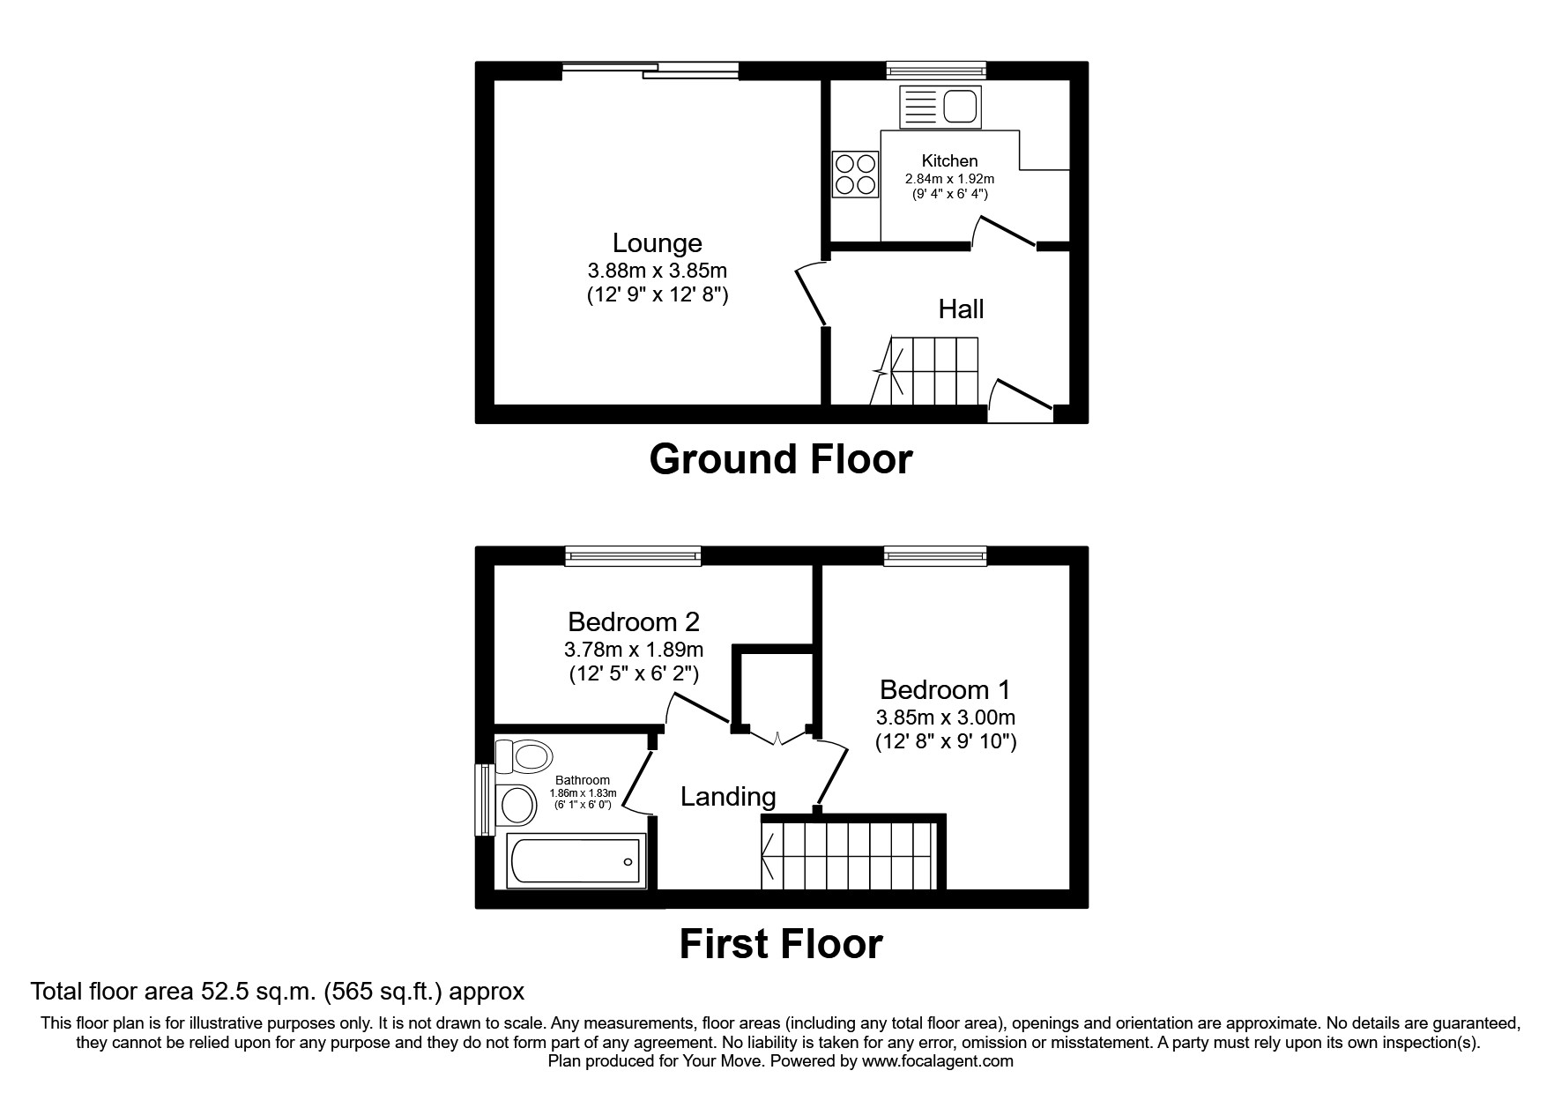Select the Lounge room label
(658, 243)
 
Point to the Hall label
(961, 309)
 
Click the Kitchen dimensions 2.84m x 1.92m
(949, 179)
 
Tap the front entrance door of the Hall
(1022, 401)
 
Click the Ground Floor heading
(781, 460)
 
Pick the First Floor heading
(781, 944)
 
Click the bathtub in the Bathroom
(573, 861)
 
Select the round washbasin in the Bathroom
(517, 804)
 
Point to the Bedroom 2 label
(634, 622)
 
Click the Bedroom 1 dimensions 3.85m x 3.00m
(945, 718)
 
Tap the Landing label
(728, 797)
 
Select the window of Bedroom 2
(634, 555)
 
